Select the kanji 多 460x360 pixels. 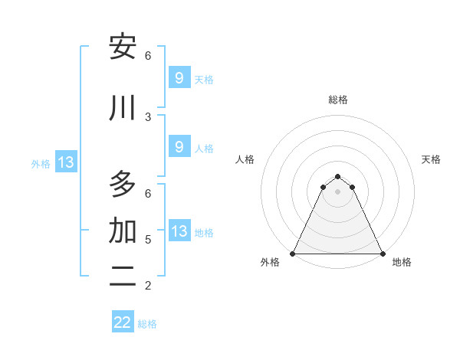[x=123, y=185]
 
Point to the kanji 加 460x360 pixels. [x=123, y=230]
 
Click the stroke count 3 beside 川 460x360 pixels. [x=148, y=116]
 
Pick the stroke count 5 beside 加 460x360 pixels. [x=148, y=239]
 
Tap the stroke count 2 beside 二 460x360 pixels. [x=148, y=286]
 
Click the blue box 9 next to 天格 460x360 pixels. [x=179, y=78]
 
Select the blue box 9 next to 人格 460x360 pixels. [x=179, y=147]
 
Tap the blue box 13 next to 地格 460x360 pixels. [x=179, y=231]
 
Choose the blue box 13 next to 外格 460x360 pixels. [x=65, y=162]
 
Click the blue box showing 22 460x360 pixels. [x=123, y=322]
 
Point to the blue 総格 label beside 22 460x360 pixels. [x=148, y=324]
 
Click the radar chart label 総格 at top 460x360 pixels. [x=338, y=100]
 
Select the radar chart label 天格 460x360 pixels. [x=431, y=159]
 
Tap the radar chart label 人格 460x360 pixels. [x=245, y=159]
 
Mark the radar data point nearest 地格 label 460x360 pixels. [x=382, y=253]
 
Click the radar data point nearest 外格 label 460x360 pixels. [x=293, y=253]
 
